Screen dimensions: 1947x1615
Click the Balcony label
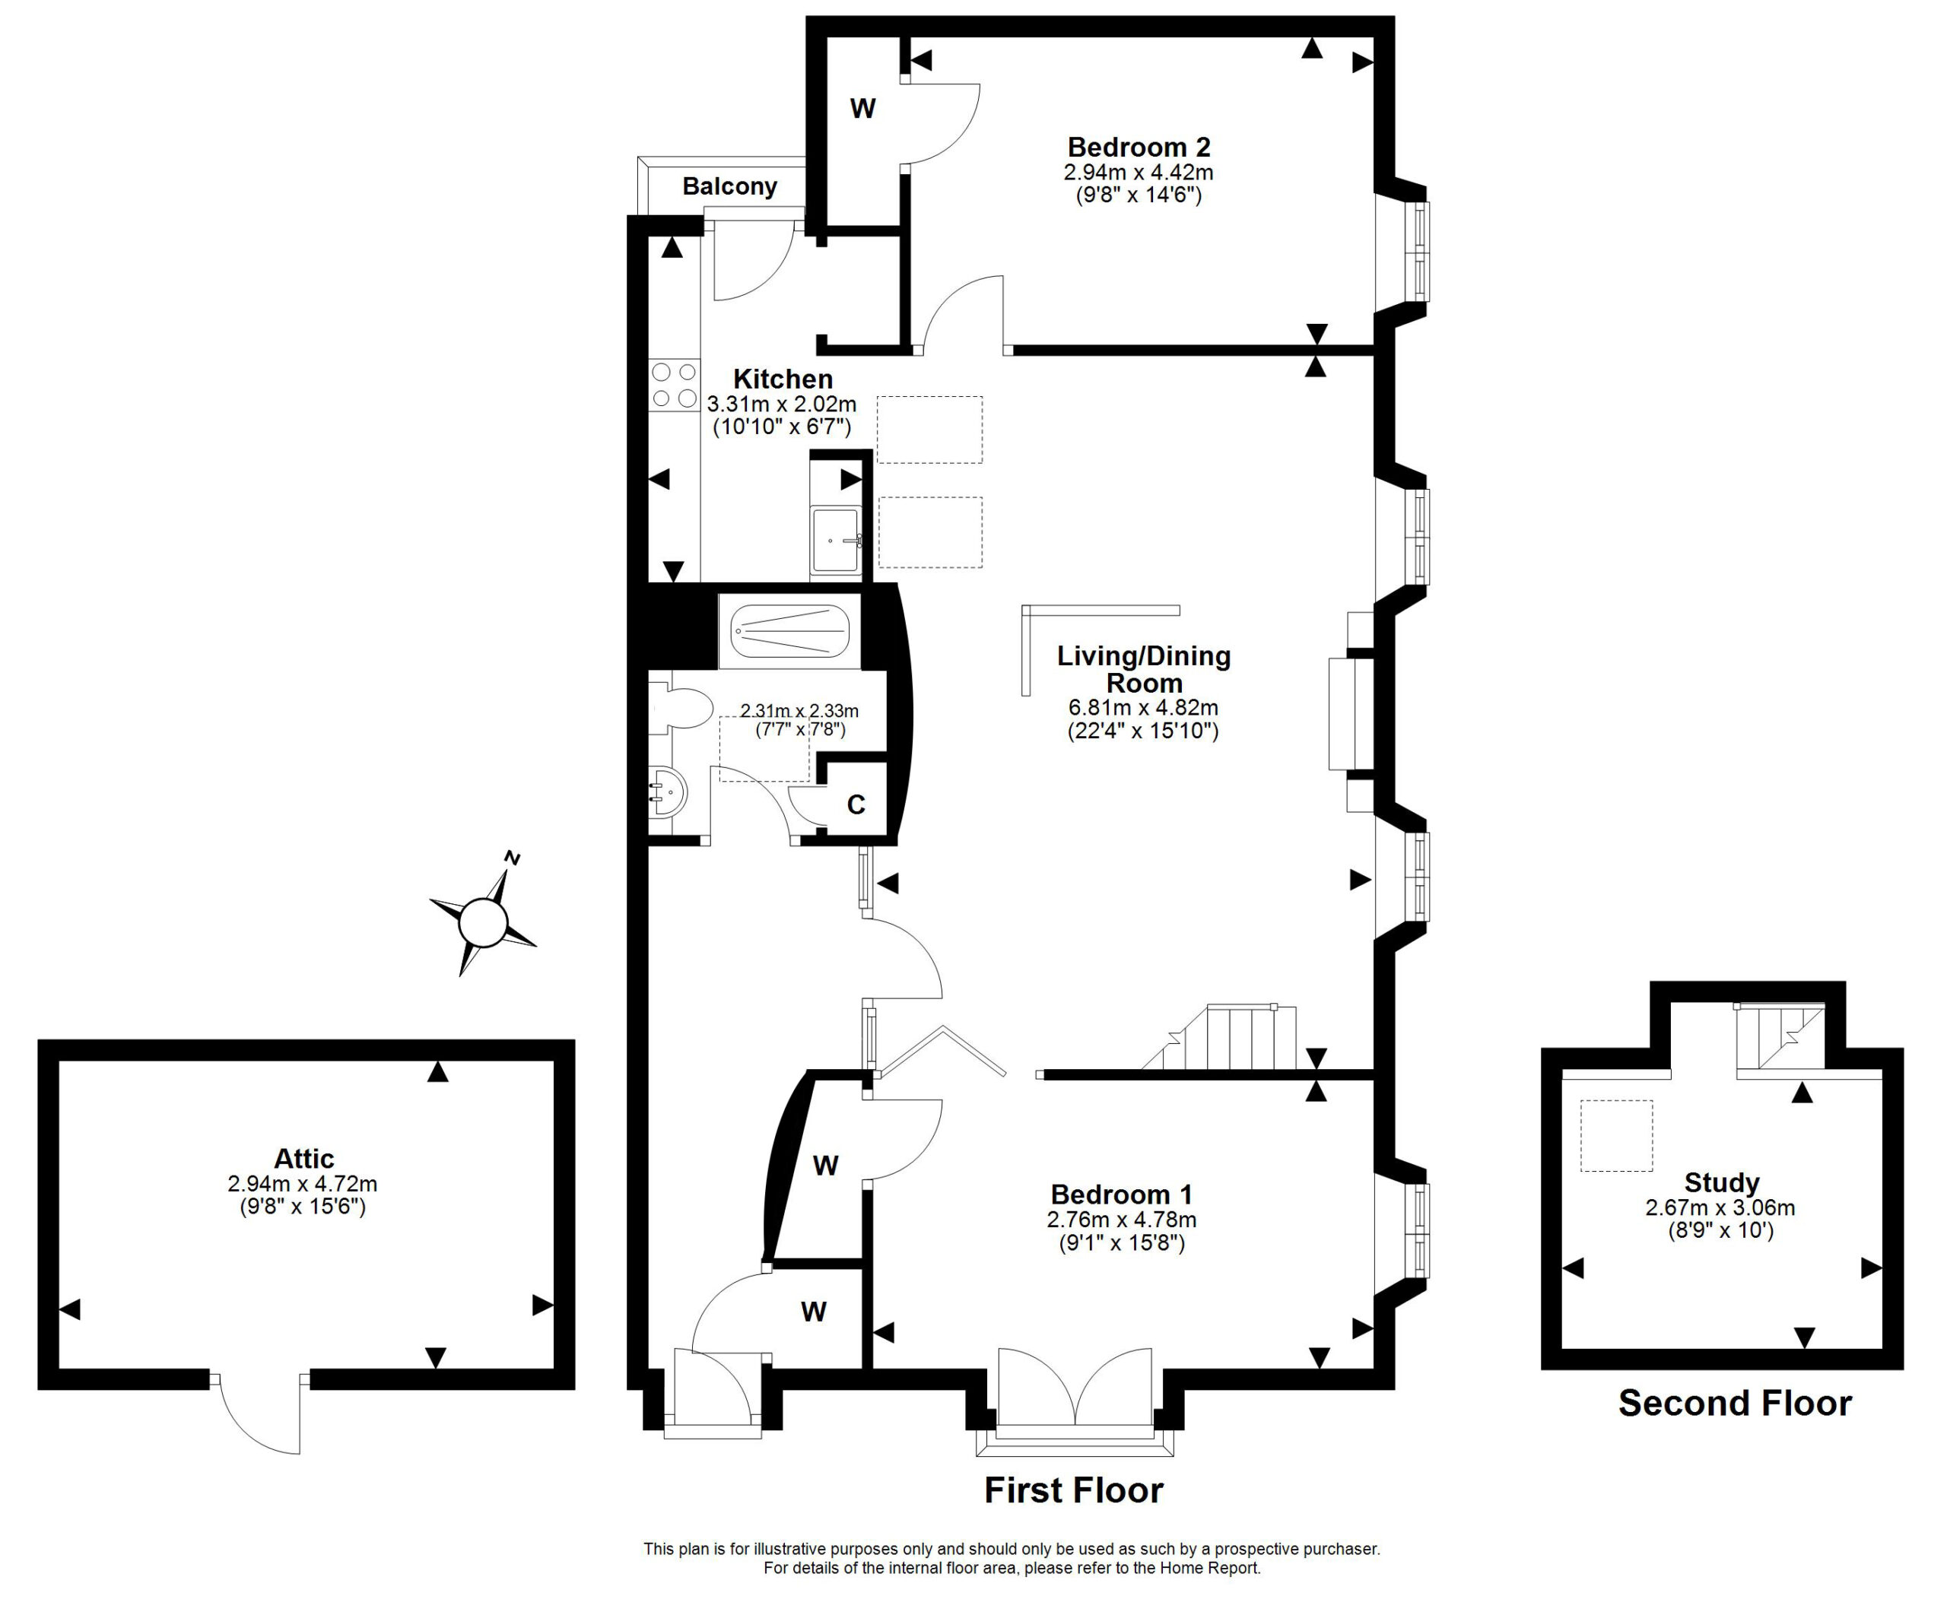pos(729,186)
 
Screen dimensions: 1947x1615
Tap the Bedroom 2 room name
pos(1139,147)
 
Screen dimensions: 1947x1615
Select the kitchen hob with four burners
pos(674,385)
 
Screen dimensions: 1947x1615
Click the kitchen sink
pos(837,540)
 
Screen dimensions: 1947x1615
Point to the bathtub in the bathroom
pos(790,630)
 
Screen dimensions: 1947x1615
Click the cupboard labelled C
pos(856,804)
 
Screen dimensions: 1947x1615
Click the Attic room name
pos(304,1158)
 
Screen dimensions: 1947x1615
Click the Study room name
pos(1722,1182)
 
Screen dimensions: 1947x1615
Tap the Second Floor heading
pos(1735,1403)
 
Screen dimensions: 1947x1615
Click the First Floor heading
pos(1074,1490)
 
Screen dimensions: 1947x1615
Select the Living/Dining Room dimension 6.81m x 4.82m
pos(1143,707)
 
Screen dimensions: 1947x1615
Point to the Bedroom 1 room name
pos(1122,1194)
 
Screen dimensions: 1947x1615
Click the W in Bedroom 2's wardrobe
pos(862,109)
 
